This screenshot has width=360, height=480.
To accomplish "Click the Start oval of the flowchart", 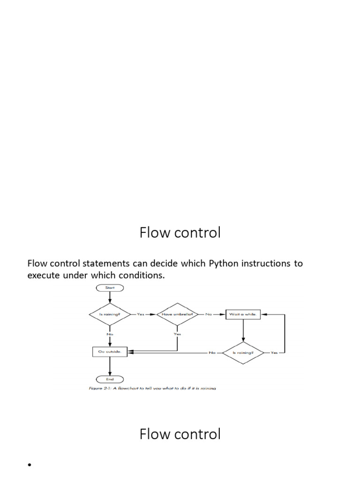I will pyautogui.click(x=109, y=287).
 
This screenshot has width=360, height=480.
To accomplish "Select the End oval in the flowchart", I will pyautogui.click(x=109, y=379).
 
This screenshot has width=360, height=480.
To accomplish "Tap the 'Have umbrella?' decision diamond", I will pyautogui.click(x=177, y=315).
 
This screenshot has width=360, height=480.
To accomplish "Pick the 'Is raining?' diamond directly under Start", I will pyautogui.click(x=109, y=315).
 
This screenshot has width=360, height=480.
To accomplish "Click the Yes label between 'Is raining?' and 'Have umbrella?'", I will pyautogui.click(x=141, y=315).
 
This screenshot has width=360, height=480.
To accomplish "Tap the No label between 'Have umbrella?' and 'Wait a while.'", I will pyautogui.click(x=209, y=315).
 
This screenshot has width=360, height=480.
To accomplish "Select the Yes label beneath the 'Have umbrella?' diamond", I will pyautogui.click(x=177, y=334).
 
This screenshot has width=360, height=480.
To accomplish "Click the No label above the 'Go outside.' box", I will pyautogui.click(x=109, y=335).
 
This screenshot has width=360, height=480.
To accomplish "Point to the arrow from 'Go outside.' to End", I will pyautogui.click(x=110, y=367).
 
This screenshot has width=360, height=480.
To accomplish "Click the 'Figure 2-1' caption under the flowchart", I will pyautogui.click(x=152, y=389).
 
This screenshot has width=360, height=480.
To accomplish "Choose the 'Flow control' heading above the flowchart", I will pyautogui.click(x=180, y=232).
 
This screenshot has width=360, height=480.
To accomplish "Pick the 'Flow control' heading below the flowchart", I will pyautogui.click(x=180, y=434).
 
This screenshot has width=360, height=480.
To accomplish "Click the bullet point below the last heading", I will pyautogui.click(x=29, y=465).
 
